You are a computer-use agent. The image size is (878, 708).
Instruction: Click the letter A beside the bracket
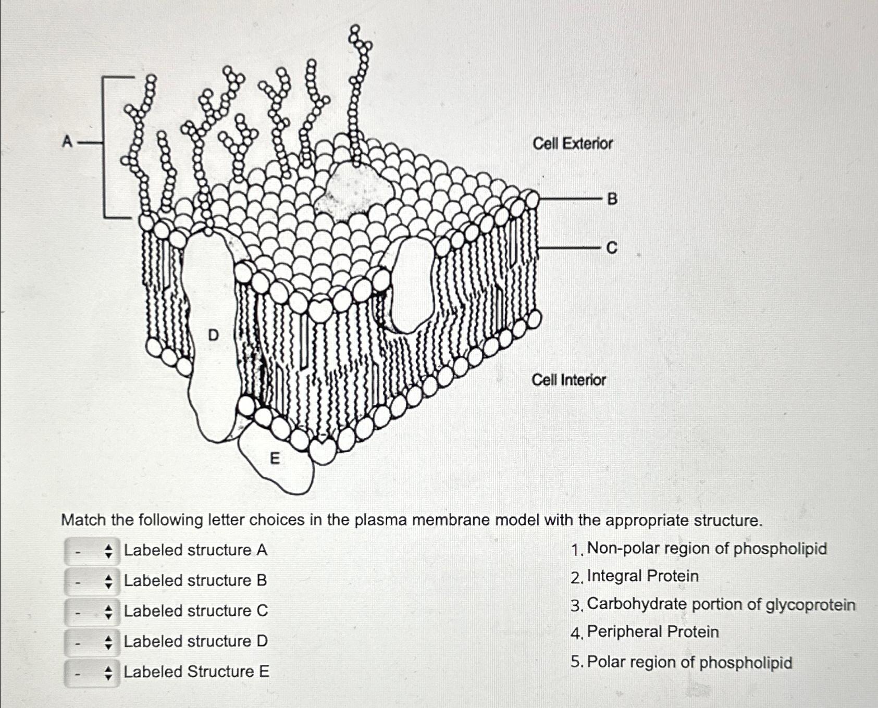[67, 141]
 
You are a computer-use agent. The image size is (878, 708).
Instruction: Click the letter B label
[612, 199]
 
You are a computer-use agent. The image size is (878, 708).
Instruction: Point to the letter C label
[612, 248]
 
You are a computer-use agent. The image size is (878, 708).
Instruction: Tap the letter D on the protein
[213, 335]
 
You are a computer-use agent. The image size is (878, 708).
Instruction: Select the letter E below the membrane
[275, 459]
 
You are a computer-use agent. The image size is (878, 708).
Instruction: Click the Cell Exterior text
[572, 143]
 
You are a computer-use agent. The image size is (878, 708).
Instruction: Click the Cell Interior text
[568, 380]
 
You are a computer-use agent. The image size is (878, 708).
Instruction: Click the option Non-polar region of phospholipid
[706, 549]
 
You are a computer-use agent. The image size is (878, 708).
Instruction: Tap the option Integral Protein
[642, 576]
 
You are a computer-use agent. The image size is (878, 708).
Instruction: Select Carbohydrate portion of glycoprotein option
[721, 604]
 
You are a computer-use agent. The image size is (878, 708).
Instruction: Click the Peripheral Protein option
[652, 632]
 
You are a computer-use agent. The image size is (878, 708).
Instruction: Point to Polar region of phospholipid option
[689, 662]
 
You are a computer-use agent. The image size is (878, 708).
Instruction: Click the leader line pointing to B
[571, 199]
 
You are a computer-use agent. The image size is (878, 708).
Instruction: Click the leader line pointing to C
[571, 248]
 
